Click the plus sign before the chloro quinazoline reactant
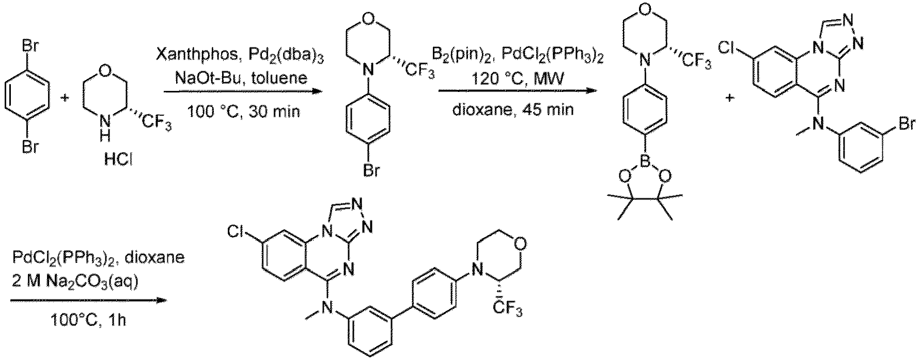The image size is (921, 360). [x=729, y=97]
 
